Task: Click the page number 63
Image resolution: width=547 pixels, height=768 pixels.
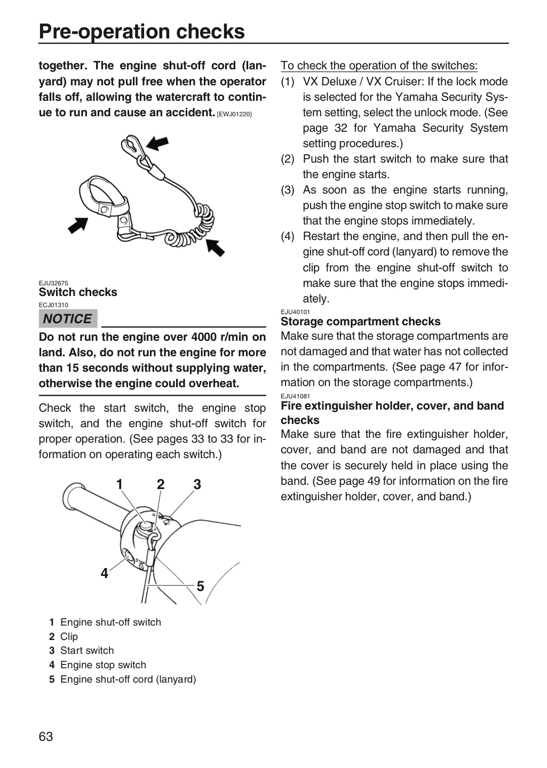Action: [46, 737]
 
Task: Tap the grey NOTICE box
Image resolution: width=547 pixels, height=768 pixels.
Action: [68, 318]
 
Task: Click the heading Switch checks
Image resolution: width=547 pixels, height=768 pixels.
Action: [78, 292]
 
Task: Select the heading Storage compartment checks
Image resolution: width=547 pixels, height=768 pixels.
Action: [360, 322]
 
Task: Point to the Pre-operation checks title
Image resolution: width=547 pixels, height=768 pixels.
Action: [142, 31]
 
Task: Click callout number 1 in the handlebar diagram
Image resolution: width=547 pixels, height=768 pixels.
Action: [120, 484]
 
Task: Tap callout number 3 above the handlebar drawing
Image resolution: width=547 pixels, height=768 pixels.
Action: [197, 484]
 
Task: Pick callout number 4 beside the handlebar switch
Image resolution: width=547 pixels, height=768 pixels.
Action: [104, 573]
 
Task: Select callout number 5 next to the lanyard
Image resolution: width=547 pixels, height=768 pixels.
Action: [201, 586]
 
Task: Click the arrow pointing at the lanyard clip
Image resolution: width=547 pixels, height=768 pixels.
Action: [157, 143]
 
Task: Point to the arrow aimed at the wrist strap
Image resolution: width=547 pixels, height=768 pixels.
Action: [78, 225]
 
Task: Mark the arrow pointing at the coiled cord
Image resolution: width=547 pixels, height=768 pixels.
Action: [215, 247]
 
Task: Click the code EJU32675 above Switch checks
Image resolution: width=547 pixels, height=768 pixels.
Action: [53, 283]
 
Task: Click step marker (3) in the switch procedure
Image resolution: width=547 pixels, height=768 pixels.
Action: [288, 190]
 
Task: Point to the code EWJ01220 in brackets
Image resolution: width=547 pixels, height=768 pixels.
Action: [234, 115]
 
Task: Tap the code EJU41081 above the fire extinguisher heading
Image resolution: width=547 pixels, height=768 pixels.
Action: [296, 396]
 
